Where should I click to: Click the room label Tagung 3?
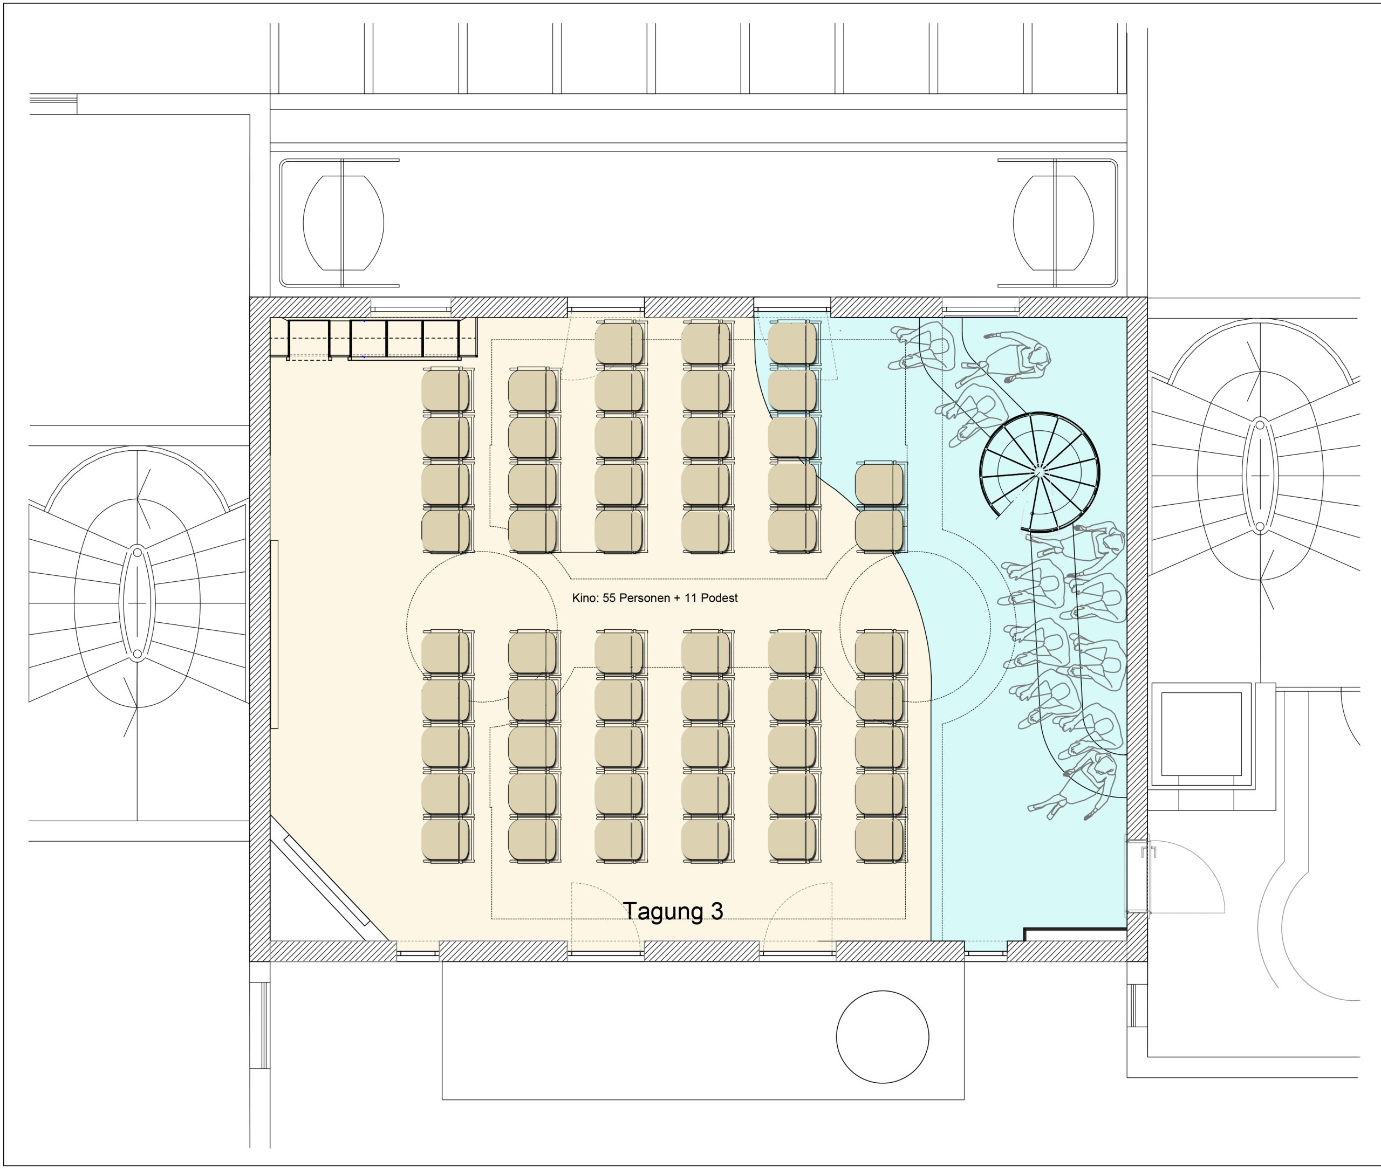coord(673,912)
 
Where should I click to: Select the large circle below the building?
coord(883,1036)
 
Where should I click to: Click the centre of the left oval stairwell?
coord(137,603)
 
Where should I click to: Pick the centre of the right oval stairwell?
coord(1260,475)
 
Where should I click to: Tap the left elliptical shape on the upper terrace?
coord(344,223)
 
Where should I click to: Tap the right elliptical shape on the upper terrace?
coord(1054,223)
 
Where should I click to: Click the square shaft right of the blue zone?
coord(1201,734)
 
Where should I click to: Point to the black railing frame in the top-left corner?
coord(374,339)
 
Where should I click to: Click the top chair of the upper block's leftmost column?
coord(446,390)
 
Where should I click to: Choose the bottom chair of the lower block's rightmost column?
coord(879,841)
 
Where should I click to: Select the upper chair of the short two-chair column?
coord(879,484)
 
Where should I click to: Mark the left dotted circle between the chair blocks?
coord(482,626)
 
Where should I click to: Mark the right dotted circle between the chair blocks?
coord(915,626)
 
